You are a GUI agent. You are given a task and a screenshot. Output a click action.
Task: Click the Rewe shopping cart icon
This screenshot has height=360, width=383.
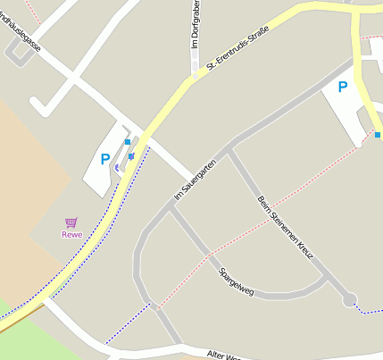point(71,222)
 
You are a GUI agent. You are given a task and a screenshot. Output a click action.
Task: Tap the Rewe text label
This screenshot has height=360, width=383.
point(71,235)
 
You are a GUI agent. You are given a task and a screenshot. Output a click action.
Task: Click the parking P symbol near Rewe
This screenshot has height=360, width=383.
point(105,160)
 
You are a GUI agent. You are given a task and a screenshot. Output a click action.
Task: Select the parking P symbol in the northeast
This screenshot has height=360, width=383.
point(341,87)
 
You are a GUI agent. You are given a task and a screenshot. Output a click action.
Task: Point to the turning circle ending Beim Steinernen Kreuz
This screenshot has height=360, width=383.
point(349,300)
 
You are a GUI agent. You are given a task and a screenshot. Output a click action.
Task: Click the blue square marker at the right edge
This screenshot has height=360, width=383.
point(379,135)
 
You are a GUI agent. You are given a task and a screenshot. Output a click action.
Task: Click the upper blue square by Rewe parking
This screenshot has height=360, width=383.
point(128,142)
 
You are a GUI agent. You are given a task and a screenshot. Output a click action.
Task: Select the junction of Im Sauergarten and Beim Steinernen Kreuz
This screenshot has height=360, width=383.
point(229,148)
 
